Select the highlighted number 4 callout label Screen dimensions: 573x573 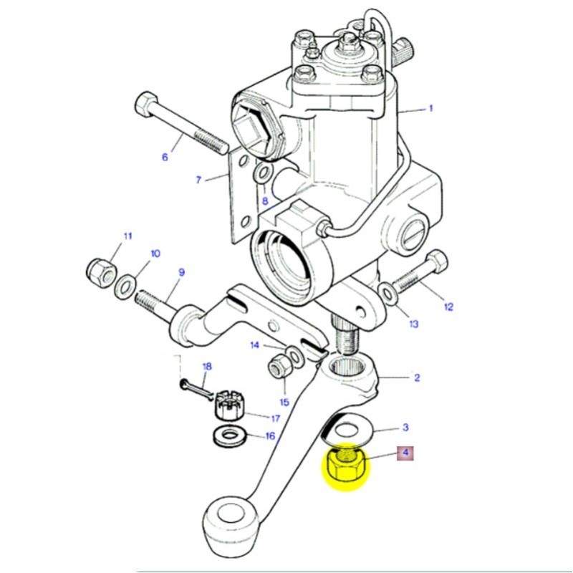point(405,453)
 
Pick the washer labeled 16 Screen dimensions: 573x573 point(228,434)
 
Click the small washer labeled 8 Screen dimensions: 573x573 point(263,172)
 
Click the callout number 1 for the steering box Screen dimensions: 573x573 point(431,109)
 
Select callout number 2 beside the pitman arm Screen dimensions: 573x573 point(417,377)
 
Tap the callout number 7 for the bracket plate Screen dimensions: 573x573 point(199,180)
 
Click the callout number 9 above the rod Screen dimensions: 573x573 point(181,272)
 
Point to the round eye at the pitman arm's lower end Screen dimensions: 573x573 point(230,515)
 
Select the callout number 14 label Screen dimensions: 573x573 point(254,345)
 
